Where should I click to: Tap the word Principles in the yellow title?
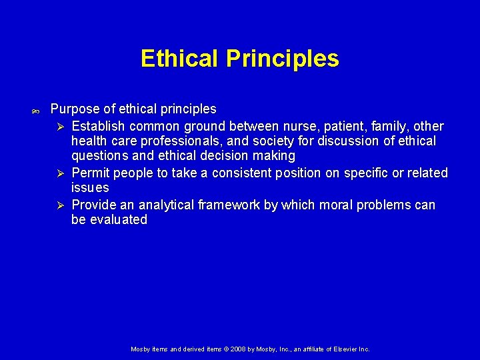coord(283,59)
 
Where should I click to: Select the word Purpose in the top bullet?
coord(75,109)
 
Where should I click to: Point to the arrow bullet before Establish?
coord(59,127)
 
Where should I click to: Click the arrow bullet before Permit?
coord(59,173)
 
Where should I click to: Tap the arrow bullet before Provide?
coord(59,205)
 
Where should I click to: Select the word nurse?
coord(304,126)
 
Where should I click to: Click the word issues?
coord(90,188)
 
